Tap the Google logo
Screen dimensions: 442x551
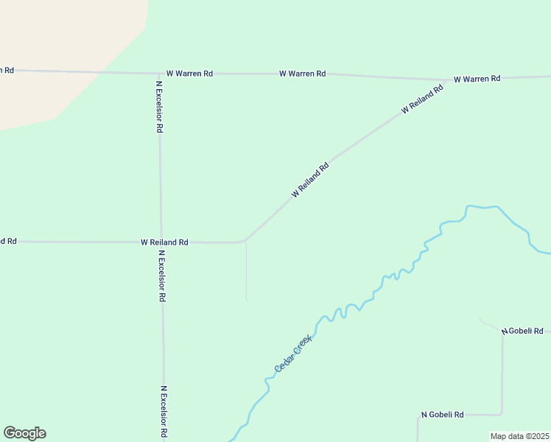[24, 433]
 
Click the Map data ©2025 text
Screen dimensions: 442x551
[520, 436]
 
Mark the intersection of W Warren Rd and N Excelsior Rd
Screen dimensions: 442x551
[159, 74]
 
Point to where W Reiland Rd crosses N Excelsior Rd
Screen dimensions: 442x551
[161, 242]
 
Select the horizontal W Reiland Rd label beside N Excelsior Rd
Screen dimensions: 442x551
[164, 242]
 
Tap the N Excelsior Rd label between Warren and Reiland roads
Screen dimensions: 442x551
[159, 106]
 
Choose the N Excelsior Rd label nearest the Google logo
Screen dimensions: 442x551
[164, 411]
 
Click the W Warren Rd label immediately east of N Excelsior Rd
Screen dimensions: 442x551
[189, 74]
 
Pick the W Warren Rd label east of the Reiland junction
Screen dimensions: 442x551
[477, 79]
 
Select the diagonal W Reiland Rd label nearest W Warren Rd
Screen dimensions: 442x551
[422, 99]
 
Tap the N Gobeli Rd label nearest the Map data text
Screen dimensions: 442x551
[442, 415]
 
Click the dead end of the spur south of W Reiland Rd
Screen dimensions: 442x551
[247, 301]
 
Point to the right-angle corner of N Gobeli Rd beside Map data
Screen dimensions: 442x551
[502, 413]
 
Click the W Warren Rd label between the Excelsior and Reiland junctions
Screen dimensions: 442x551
[302, 74]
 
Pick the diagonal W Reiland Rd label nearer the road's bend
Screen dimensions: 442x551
[310, 180]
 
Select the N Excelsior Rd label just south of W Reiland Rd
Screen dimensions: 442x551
[162, 276]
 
